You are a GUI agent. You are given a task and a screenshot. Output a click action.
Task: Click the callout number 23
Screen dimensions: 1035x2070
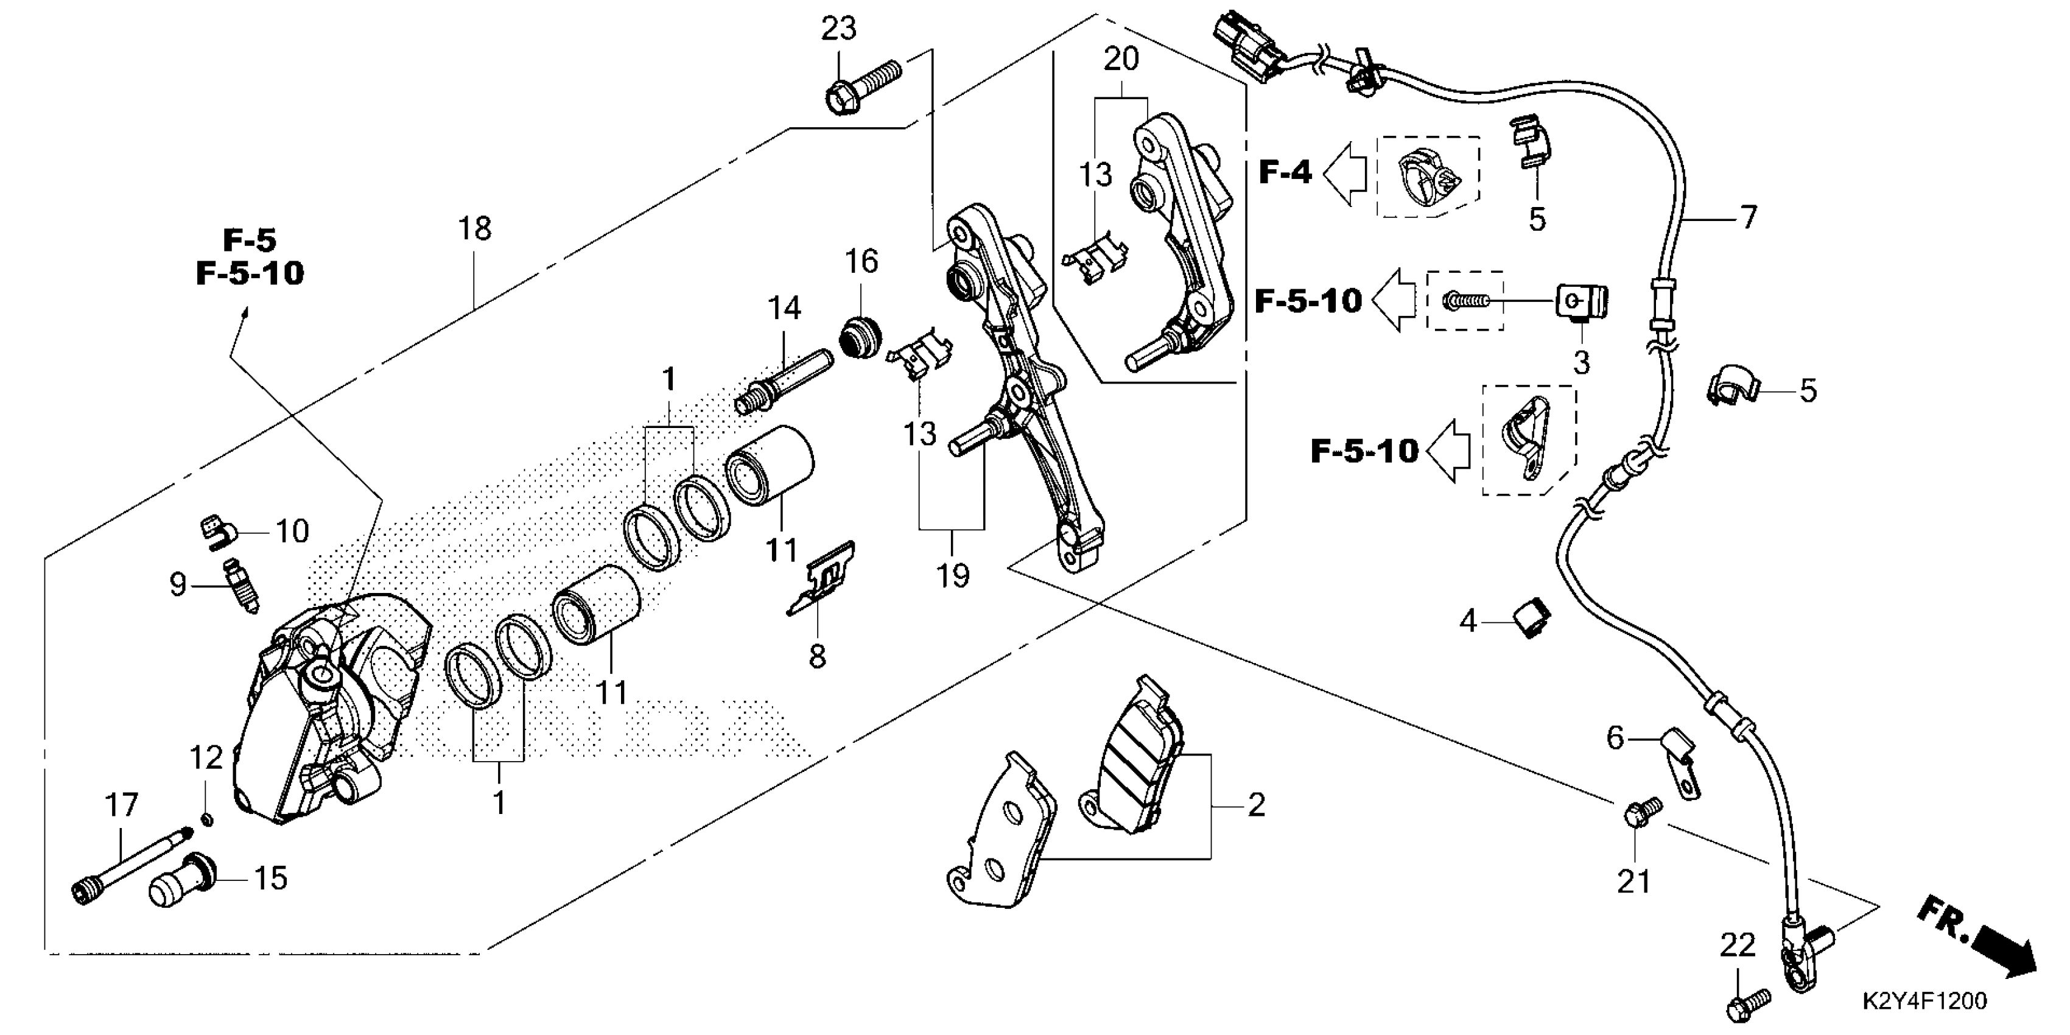pyautogui.click(x=838, y=30)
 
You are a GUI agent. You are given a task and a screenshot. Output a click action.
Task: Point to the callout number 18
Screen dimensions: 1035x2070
pyautogui.click(x=474, y=229)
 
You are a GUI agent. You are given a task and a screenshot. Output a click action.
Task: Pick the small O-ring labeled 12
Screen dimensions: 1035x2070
pyautogui.click(x=208, y=819)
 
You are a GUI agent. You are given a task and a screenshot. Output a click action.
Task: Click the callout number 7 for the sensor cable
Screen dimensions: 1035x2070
pyautogui.click(x=1749, y=217)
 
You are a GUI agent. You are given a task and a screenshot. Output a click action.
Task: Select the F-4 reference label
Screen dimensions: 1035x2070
pyautogui.click(x=1284, y=172)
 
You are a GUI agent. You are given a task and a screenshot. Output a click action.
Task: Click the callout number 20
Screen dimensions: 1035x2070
pyautogui.click(x=1120, y=60)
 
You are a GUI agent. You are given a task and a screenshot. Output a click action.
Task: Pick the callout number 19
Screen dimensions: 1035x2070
pyautogui.click(x=952, y=575)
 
